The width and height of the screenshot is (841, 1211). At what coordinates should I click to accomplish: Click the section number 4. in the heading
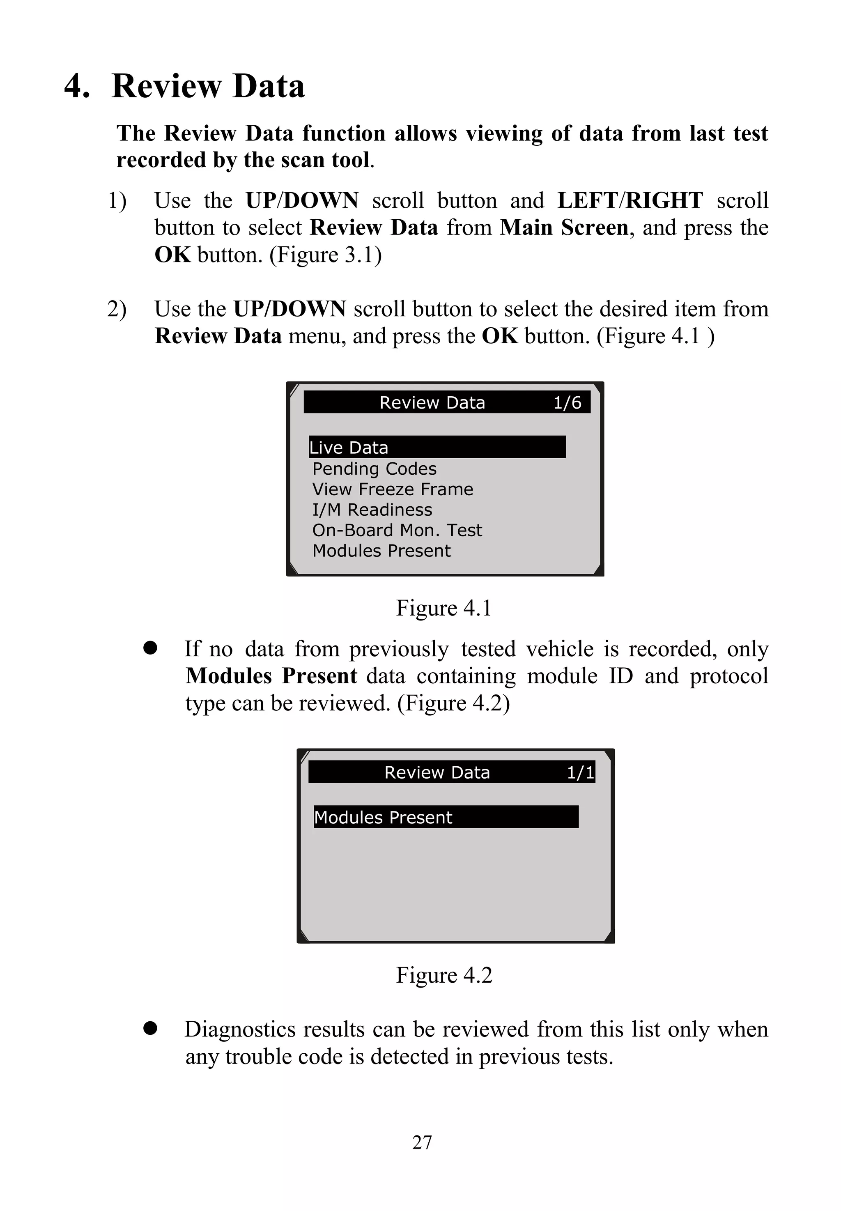coord(77,86)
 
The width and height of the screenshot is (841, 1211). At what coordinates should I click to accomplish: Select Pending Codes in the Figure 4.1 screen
coord(374,469)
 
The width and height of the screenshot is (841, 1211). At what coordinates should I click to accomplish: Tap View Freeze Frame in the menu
coord(392,489)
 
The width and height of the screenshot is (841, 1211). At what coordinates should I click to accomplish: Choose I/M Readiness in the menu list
coord(372,510)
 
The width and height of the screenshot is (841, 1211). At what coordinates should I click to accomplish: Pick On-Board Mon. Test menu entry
coord(397,530)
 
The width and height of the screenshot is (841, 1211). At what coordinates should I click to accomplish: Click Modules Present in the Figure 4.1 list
coord(381,551)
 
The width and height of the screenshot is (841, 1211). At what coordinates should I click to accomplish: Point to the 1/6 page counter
coord(567,402)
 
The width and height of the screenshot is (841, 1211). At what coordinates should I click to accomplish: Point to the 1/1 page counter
coord(580,772)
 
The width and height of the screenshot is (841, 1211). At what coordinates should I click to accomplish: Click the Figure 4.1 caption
coord(443,608)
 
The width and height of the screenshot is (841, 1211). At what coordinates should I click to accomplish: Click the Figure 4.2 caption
coord(443,975)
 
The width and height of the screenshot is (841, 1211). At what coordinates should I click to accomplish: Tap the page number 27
coord(422,1142)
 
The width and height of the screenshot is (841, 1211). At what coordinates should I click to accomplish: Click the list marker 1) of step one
coord(117,201)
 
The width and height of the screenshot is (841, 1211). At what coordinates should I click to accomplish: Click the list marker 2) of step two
coord(117,309)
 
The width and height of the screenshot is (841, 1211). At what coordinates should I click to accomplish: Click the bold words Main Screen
coord(564,227)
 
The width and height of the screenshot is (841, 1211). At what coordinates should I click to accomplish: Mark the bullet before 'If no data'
coord(150,648)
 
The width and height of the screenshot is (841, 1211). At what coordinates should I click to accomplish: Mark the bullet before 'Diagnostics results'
coord(150,1028)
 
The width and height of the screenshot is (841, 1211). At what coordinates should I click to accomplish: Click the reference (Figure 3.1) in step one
coord(325,255)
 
